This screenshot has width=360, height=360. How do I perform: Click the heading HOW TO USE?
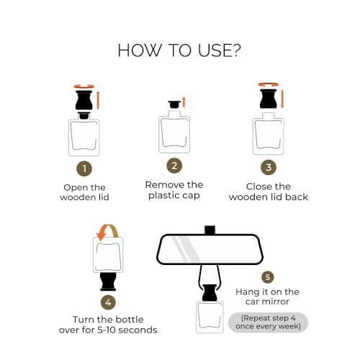pos(179,50)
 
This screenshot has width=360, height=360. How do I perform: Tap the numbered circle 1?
pos(84,168)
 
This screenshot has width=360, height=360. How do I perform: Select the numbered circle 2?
pos(174,166)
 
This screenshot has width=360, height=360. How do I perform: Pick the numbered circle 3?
pos(269,168)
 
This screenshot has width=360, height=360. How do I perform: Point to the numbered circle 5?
pos(267,276)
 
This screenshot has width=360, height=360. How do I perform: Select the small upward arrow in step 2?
pos(184,102)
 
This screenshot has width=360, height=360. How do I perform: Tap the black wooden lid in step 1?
pos(84,102)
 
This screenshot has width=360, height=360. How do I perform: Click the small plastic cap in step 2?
pos(174,104)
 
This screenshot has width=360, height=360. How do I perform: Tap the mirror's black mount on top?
pos(210,230)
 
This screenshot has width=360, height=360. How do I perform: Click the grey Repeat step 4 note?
pos(268,322)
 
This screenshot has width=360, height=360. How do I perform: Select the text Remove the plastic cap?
pos(174,190)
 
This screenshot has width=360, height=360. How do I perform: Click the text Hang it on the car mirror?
pos(267,297)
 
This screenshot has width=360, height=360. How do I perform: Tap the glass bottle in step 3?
pos(269,135)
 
